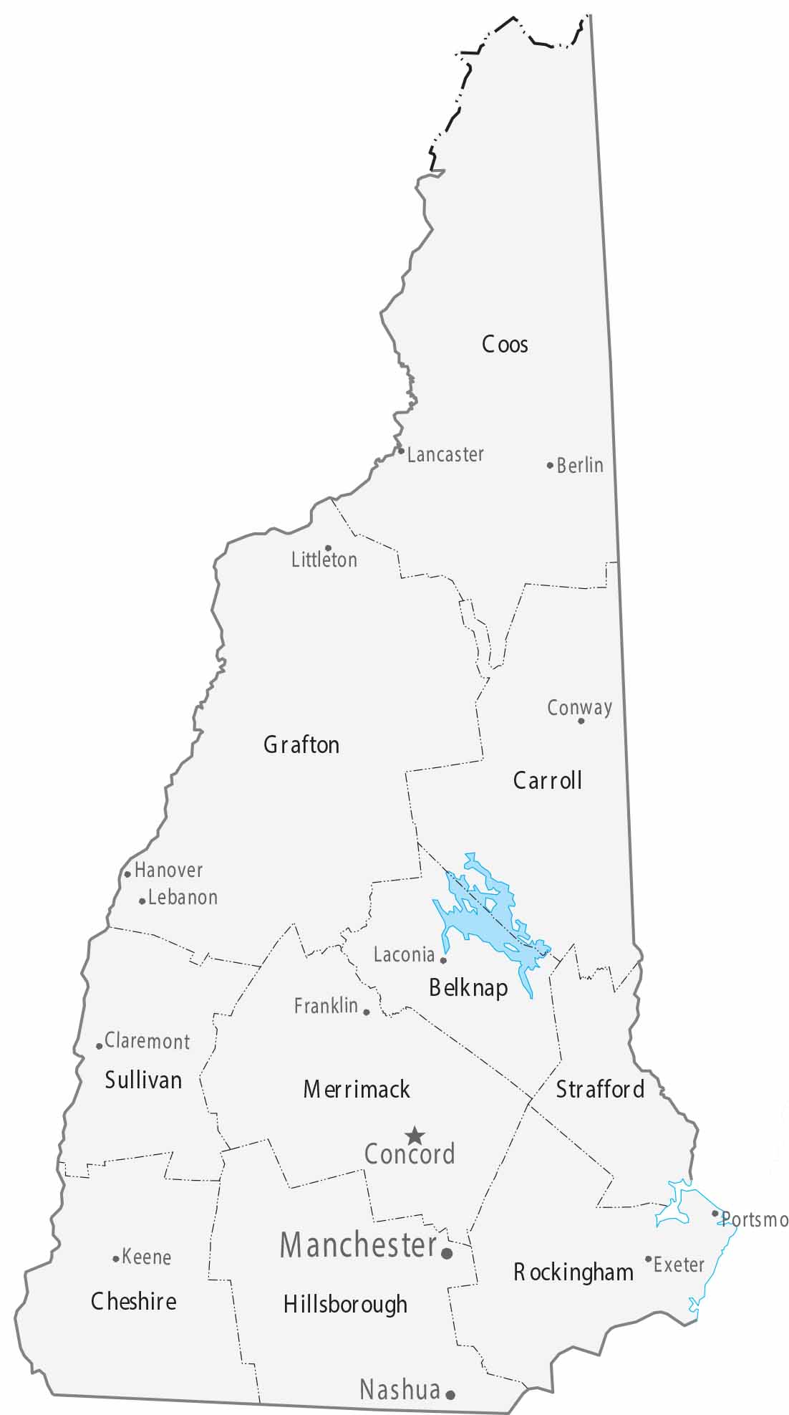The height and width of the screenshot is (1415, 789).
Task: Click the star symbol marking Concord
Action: (x=415, y=1136)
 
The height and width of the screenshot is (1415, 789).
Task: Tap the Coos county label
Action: (x=505, y=345)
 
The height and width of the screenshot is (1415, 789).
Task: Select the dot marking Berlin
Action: (x=550, y=465)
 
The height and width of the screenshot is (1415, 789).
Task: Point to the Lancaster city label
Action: (x=445, y=454)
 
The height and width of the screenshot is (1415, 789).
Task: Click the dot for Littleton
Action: (x=328, y=548)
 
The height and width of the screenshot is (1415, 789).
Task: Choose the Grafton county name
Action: (x=301, y=745)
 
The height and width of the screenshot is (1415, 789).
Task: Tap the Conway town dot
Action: (x=581, y=721)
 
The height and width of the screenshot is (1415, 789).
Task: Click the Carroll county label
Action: (x=548, y=780)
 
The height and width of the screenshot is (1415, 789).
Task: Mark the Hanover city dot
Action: (x=127, y=873)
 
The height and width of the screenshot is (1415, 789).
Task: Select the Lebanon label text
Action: (x=183, y=898)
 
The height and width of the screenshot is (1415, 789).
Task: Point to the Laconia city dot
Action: (x=443, y=960)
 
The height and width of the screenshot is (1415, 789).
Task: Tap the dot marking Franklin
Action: (x=367, y=1012)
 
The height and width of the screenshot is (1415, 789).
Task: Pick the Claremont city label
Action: (x=147, y=1041)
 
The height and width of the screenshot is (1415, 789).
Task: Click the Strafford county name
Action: (x=600, y=1090)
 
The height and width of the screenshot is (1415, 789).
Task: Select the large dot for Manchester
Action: (x=447, y=1254)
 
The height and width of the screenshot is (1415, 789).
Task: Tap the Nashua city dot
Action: (x=450, y=1395)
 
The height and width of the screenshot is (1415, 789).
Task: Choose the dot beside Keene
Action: (x=116, y=1259)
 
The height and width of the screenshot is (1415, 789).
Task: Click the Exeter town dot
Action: (x=648, y=1259)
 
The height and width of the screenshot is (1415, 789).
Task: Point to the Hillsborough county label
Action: (x=345, y=1304)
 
